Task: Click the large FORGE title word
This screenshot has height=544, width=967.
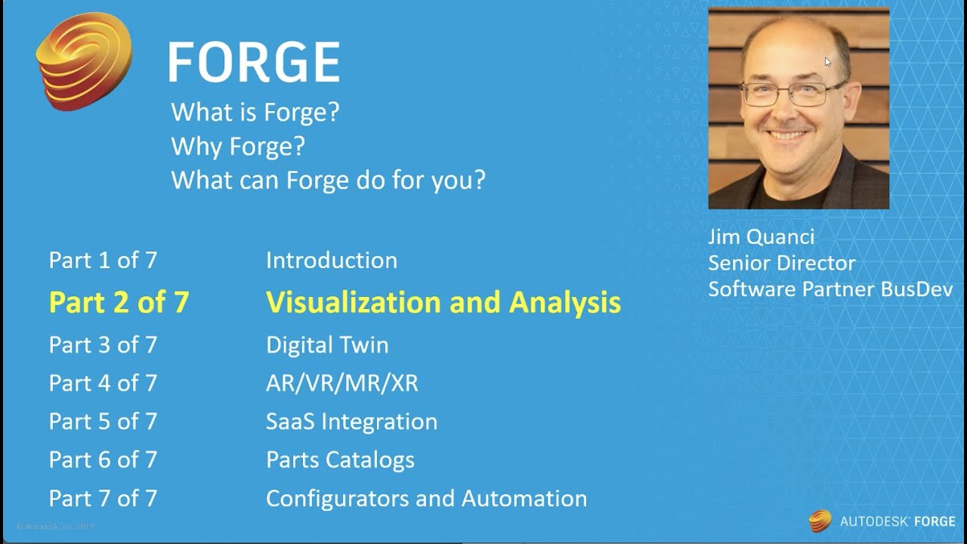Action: (x=254, y=62)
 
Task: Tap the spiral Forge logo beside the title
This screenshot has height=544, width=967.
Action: (x=84, y=61)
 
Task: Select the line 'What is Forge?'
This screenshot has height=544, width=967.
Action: (x=255, y=113)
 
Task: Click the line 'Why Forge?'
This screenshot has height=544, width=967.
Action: (x=238, y=147)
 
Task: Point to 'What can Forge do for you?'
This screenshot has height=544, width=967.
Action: (x=328, y=180)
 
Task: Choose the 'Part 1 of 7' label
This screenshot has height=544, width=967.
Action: (x=103, y=261)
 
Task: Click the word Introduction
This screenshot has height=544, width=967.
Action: (x=332, y=261)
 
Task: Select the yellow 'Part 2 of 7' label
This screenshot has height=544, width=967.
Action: (x=119, y=301)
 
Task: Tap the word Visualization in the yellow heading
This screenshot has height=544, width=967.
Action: (x=353, y=301)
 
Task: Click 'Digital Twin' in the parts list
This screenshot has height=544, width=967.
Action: (x=327, y=345)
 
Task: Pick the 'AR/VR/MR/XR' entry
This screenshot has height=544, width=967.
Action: (x=342, y=383)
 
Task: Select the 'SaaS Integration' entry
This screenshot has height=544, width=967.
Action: (x=352, y=422)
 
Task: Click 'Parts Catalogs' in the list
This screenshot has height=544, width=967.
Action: (x=340, y=460)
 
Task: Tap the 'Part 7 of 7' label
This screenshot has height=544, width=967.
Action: (x=103, y=498)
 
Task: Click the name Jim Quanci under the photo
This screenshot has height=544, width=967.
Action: (x=761, y=237)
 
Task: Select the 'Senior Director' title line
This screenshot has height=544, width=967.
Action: (x=781, y=264)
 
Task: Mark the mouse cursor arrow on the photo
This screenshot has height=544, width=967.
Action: (x=827, y=62)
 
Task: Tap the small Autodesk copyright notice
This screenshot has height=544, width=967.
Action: (x=55, y=527)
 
